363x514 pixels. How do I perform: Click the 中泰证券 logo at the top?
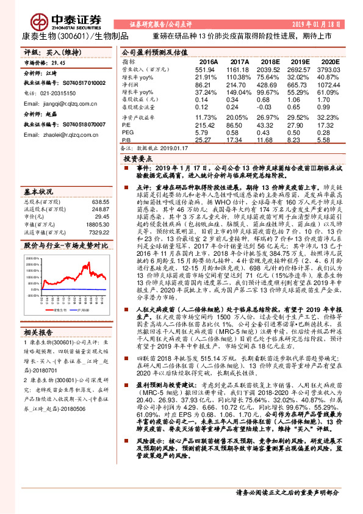coord(60,17)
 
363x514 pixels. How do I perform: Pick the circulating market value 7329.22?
coord(97,231)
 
